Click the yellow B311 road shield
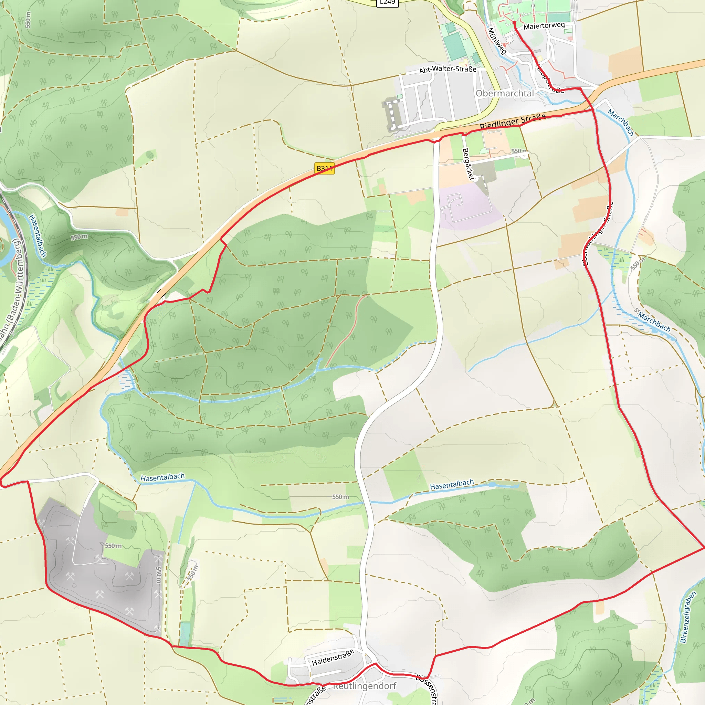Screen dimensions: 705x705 (324, 168)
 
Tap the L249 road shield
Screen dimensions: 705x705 (387, 2)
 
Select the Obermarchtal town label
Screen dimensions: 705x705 (505, 93)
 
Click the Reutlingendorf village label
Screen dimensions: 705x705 (364, 686)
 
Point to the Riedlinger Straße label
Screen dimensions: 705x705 (513, 122)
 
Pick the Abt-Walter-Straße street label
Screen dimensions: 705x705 (448, 69)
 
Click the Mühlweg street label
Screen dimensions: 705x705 (497, 41)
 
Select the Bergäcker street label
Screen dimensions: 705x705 (468, 164)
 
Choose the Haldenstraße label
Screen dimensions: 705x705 (333, 657)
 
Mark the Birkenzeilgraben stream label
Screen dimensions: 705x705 (688, 617)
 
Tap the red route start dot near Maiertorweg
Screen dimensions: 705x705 (514, 23)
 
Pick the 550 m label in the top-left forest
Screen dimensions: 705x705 (28, 20)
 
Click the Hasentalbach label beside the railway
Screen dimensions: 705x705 (38, 236)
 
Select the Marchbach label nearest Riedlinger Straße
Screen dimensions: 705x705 (620, 122)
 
